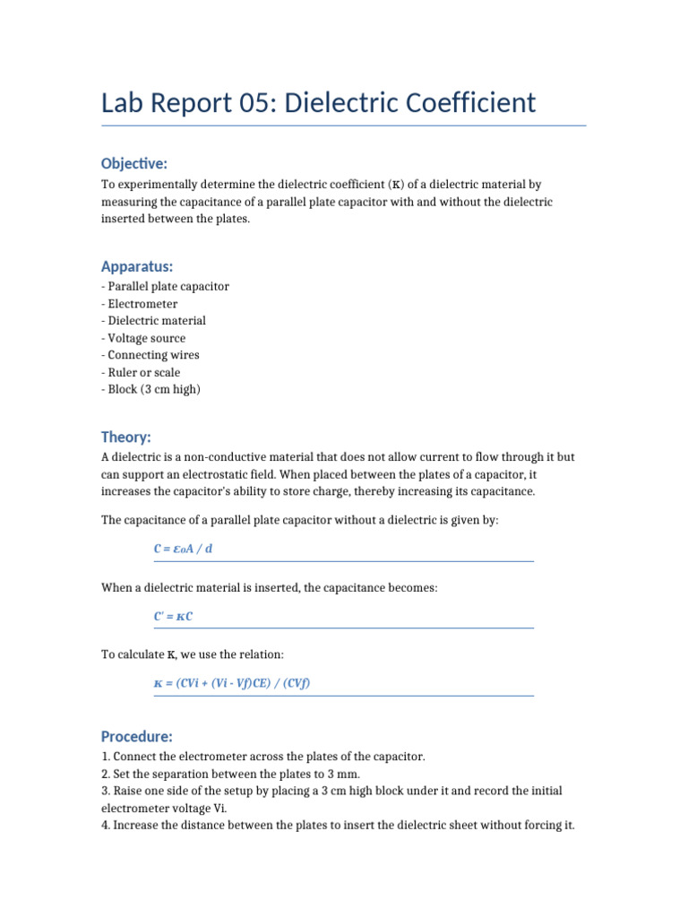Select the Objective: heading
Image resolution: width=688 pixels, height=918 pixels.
click(x=134, y=163)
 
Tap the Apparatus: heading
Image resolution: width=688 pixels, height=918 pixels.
click(x=137, y=266)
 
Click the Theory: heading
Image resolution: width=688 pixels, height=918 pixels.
click(x=126, y=437)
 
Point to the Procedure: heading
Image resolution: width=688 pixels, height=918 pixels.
click(x=136, y=736)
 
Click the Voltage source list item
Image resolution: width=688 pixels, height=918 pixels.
click(x=146, y=338)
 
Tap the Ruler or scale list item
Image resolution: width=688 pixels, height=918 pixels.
click(x=143, y=372)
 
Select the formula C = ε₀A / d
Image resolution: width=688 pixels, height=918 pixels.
click(x=184, y=549)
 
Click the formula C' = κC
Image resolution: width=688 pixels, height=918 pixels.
click(x=174, y=616)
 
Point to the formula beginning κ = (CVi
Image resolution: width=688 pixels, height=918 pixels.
click(x=232, y=683)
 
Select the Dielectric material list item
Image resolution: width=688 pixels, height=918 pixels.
click(x=156, y=321)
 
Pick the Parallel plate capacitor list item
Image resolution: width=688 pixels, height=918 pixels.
click(x=168, y=287)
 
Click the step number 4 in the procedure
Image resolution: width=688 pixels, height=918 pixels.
click(x=105, y=825)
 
